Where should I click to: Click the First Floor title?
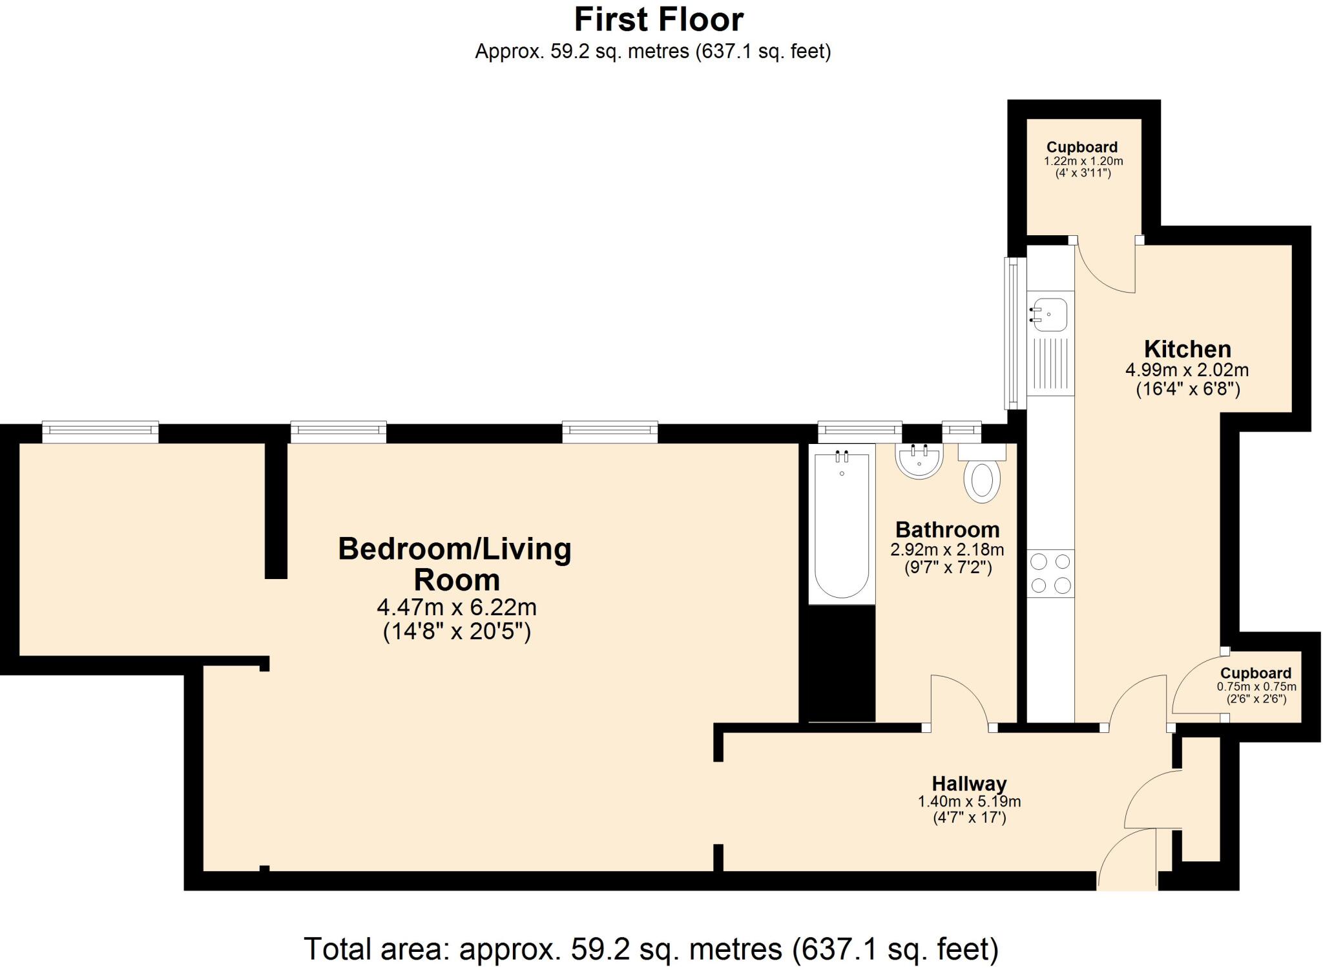[x=659, y=19]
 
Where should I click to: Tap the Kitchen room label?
[x=1187, y=349]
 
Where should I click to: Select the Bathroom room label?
[x=947, y=530]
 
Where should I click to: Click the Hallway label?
[x=969, y=784]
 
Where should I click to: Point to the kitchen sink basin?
[x=1051, y=315]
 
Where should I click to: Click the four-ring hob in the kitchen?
[x=1050, y=573]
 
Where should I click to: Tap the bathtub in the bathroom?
[x=842, y=523]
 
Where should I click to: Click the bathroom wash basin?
[x=919, y=460]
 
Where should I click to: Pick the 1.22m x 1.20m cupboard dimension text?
[x=1083, y=161]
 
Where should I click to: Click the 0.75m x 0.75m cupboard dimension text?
[x=1256, y=687]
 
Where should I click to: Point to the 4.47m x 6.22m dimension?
[x=457, y=607]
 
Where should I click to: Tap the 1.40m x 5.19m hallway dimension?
[x=969, y=802]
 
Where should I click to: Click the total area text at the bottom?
[x=651, y=949]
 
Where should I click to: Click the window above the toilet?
[x=961, y=431]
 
